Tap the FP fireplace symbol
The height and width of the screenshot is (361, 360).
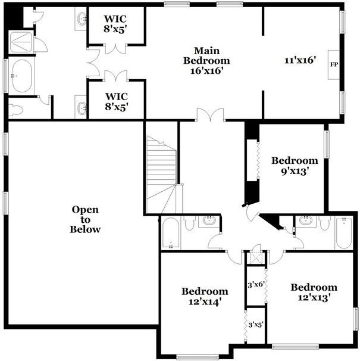click(334, 64)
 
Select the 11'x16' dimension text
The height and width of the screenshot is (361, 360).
click(300, 60)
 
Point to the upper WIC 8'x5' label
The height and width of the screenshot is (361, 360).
click(117, 22)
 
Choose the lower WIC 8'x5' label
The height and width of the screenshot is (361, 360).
click(117, 101)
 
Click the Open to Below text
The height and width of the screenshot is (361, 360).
click(85, 219)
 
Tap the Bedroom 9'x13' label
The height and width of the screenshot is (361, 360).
click(295, 166)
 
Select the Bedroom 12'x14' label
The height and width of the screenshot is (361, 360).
click(205, 297)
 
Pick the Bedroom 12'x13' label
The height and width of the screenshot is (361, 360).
click(314, 292)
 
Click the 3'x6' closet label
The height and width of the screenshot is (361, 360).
click(256, 284)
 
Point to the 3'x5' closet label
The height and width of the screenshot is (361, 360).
click(256, 325)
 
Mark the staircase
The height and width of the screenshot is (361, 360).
click(161, 176)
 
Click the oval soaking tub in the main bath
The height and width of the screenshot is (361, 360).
click(21, 76)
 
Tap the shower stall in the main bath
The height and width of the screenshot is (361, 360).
click(21, 40)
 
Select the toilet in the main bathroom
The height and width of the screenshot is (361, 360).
click(17, 110)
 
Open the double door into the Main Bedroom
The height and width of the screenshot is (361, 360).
click(211, 115)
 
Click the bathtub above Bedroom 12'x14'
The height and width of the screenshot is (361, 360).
click(171, 233)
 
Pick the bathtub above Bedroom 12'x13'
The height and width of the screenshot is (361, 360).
click(344, 233)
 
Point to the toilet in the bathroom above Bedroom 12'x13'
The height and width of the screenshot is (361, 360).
click(324, 223)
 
